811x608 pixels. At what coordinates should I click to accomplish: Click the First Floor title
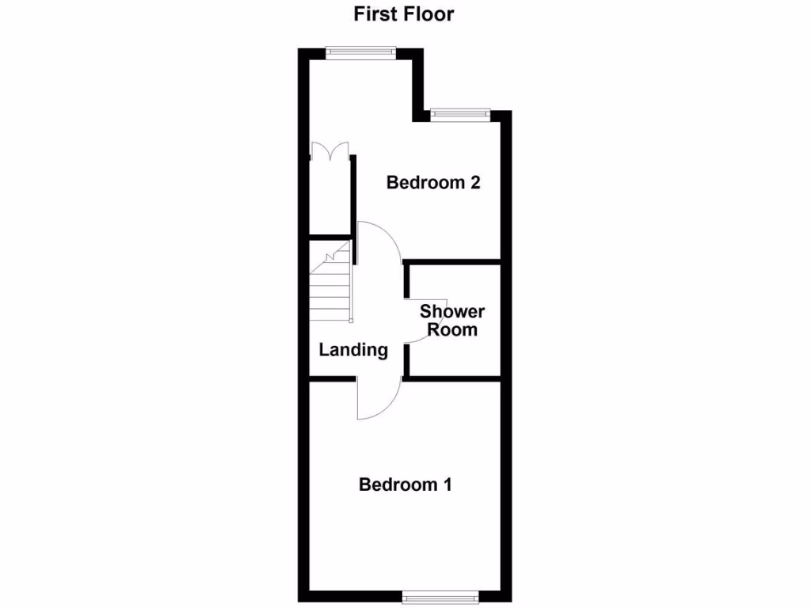tap(403, 13)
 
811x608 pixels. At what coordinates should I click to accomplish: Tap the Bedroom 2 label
tap(433, 183)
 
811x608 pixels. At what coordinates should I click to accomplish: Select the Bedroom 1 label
tap(405, 484)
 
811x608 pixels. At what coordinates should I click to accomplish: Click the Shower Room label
tap(452, 320)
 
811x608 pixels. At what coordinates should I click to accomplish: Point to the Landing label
tap(353, 349)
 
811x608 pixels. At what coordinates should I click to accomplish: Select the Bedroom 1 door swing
tap(376, 401)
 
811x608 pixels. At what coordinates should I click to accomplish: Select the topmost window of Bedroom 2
tap(361, 52)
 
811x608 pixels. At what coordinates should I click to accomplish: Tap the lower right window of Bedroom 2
tap(461, 115)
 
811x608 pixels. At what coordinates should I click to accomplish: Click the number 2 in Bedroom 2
tap(475, 183)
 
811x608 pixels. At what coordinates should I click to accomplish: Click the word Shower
tap(452, 311)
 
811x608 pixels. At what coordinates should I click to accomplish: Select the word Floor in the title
tap(429, 13)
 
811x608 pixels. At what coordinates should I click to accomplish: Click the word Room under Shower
tap(452, 329)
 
